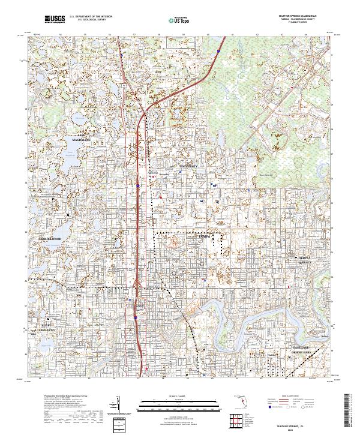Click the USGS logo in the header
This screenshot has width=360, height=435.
[55, 20]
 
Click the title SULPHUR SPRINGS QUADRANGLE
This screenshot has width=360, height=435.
[293, 16]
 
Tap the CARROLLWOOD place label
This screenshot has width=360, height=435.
[51, 238]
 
